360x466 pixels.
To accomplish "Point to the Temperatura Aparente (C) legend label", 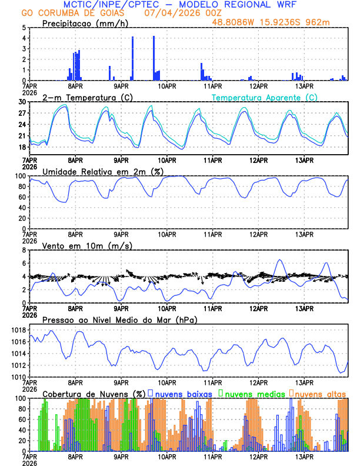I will [265, 97].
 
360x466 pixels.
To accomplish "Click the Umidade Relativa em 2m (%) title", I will [102, 171].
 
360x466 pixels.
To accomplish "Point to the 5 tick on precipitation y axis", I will [24, 28].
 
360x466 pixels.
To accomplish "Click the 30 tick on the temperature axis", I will [22, 102].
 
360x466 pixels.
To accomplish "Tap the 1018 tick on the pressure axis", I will [18, 331].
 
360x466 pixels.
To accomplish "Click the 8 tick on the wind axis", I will [24, 250].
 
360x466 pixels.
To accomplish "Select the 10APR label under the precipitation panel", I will [166, 86].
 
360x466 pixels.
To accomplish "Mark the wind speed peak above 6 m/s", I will [280, 260].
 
